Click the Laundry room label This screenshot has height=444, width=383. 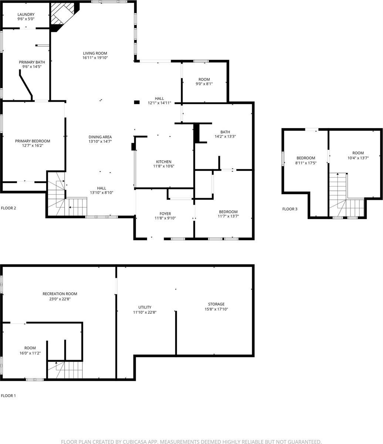[x=26, y=15]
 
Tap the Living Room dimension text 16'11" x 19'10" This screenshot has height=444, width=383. [x=95, y=58]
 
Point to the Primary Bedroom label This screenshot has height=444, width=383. [x=33, y=141]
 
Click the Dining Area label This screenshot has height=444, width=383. [x=100, y=137]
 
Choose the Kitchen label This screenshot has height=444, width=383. [x=163, y=162]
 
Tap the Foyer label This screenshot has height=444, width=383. [x=165, y=213]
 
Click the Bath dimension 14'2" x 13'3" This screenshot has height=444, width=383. [x=225, y=137]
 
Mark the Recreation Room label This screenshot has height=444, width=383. [x=60, y=294]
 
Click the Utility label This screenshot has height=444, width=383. [x=145, y=307]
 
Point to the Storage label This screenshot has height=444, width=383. [x=216, y=304]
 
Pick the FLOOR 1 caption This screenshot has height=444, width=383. [x=9, y=396]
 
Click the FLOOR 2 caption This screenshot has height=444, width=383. [x=9, y=208]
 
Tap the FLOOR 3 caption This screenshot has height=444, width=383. [x=290, y=209]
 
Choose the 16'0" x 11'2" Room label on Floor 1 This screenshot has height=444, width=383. [x=30, y=348]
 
